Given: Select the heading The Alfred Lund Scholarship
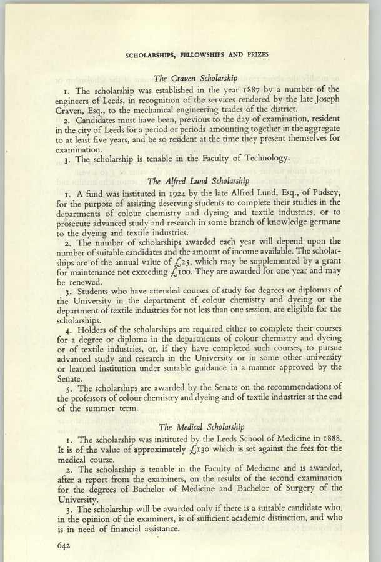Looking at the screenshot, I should pyautogui.click(x=197, y=182).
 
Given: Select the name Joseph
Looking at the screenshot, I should pyautogui.click(x=327, y=101).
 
